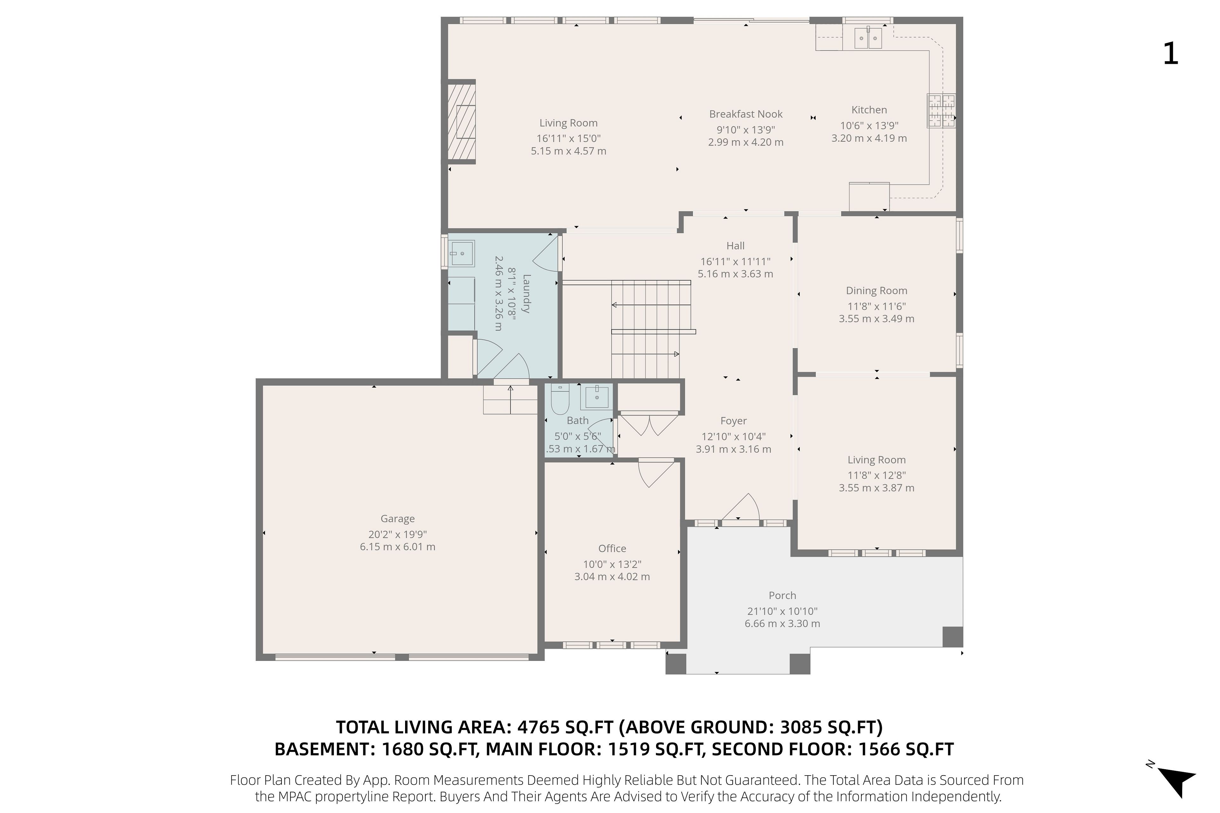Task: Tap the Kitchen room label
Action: [869, 110]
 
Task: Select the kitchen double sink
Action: [867, 38]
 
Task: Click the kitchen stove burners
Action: [941, 111]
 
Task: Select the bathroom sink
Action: [597, 396]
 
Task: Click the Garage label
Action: [397, 519]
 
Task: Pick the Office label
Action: [612, 548]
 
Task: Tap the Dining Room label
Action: [877, 291]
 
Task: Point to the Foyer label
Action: [734, 421]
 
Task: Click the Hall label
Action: [735, 246]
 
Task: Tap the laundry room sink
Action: [461, 253]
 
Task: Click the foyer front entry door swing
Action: [742, 507]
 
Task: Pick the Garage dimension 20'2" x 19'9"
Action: [397, 534]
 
